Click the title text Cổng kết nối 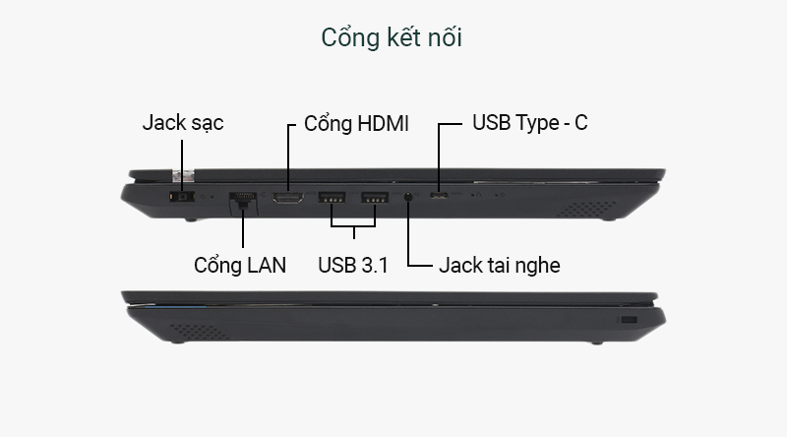pos(392,37)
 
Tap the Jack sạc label pos(183,123)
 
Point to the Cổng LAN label pos(240,265)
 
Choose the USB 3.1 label pos(353,265)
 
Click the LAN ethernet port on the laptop pos(241,200)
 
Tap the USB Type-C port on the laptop pos(438,198)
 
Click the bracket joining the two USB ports pos(353,232)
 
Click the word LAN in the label pos(264,265)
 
